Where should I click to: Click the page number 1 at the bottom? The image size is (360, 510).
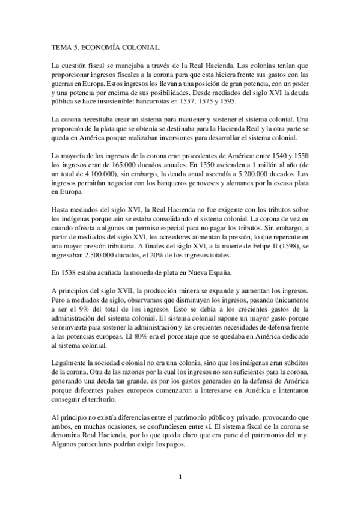[x=180, y=479]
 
